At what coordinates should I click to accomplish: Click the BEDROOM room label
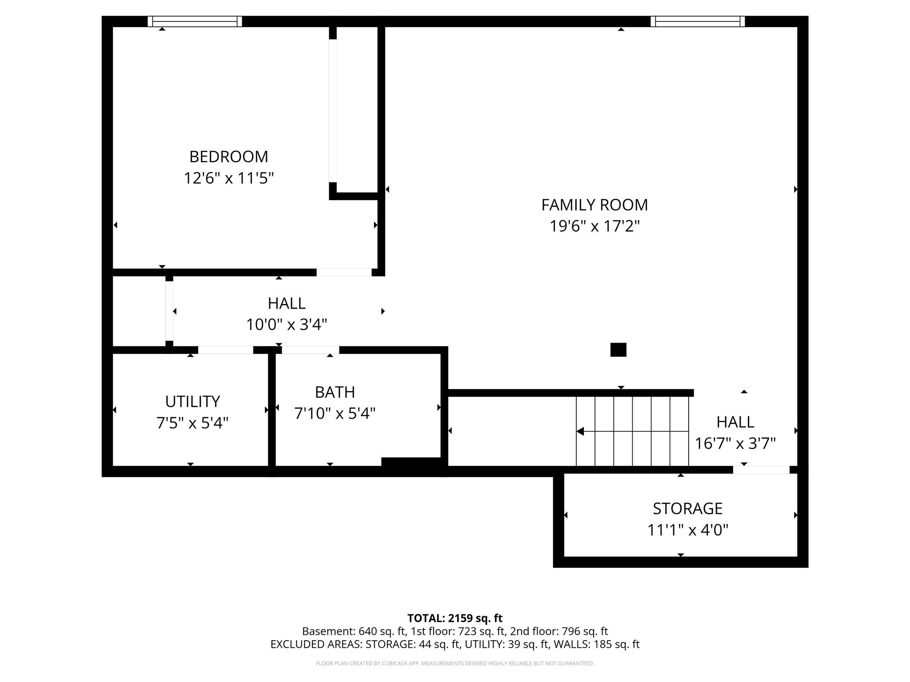coord(228,157)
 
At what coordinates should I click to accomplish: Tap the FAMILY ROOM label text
coord(594,205)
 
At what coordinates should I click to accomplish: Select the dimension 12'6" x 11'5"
coord(228,178)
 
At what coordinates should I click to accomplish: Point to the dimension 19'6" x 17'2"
coord(594,226)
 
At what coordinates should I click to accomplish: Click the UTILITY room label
coord(192,401)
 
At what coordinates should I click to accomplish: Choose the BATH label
coord(335,392)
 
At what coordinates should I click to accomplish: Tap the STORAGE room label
coord(687,508)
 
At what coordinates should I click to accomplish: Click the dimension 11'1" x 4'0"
coord(687,530)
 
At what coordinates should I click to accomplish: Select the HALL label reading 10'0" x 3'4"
coord(287,303)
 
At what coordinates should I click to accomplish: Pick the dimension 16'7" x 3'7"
coord(735,444)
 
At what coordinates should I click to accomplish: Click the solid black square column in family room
coord(618,350)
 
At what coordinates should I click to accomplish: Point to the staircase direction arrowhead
coord(580,431)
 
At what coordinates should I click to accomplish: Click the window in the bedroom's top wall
coord(195,21)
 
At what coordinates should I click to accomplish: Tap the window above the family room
coord(698,21)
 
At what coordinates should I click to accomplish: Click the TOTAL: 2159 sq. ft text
coord(455,618)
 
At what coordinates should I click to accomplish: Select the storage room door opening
coord(761,470)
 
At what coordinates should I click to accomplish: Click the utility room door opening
coord(225,350)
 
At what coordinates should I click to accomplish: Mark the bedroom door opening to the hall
coord(344,272)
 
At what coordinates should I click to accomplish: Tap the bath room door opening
coord(310,350)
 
